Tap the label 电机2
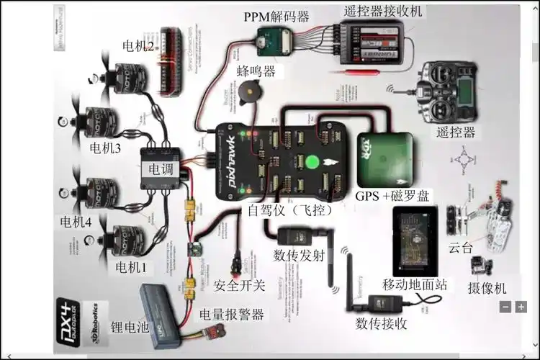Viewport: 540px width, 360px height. [x=138, y=47]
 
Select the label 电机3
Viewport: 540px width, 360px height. [x=105, y=148]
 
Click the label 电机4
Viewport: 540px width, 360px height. [x=76, y=221]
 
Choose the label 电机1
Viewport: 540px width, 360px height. [x=131, y=267]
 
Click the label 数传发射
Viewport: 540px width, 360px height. [x=299, y=255]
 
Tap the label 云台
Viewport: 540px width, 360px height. [x=461, y=248]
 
